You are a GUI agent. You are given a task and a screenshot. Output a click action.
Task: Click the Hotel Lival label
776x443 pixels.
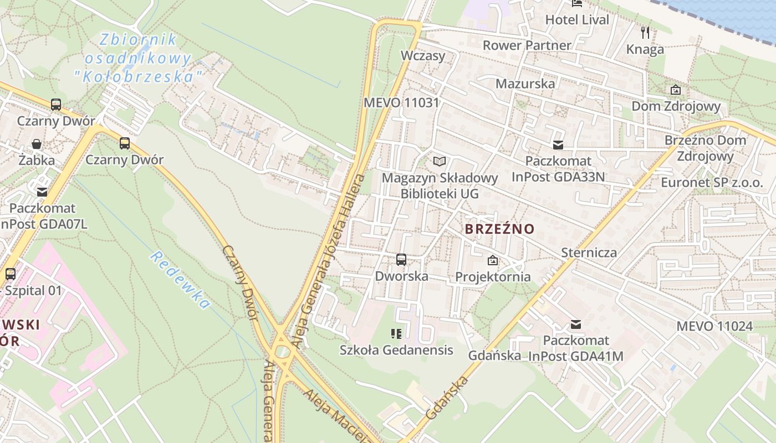tap(577, 20)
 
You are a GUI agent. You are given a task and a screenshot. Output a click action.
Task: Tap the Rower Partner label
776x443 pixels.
tap(527, 45)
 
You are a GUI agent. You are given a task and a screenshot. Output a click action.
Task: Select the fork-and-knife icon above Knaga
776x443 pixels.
tap(645, 32)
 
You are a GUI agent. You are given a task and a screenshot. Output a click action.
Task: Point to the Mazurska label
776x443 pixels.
tap(525, 84)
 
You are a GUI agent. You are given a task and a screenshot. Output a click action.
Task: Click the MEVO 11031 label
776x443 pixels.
tap(401, 102)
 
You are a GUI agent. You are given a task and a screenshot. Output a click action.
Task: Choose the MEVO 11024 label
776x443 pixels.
tap(714, 326)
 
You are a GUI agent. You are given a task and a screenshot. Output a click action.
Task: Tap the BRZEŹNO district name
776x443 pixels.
tap(499, 229)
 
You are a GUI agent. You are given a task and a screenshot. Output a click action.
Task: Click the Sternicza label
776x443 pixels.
tap(589, 253)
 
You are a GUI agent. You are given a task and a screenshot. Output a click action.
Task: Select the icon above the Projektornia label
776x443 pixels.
tap(492, 260)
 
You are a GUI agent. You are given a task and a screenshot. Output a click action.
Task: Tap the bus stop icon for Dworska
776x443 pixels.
tap(401, 259)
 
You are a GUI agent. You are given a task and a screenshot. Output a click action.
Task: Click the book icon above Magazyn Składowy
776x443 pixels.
tap(440, 161)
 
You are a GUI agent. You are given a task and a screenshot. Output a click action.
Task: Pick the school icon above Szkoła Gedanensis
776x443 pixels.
tap(396, 333)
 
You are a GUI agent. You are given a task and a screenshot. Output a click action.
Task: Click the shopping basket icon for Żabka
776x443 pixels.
tap(37, 145)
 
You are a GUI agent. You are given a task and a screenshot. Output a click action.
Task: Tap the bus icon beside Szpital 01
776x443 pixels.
tap(10, 274)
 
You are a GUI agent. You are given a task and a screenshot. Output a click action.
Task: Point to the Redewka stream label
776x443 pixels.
tap(180, 280)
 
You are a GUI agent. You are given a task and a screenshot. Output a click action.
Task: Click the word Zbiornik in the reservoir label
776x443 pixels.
tap(138, 40)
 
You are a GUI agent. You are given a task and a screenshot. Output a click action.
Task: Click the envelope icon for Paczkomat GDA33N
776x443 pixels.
tap(558, 145)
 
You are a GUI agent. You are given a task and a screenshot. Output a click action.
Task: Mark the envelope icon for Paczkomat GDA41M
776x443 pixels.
tap(576, 324)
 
